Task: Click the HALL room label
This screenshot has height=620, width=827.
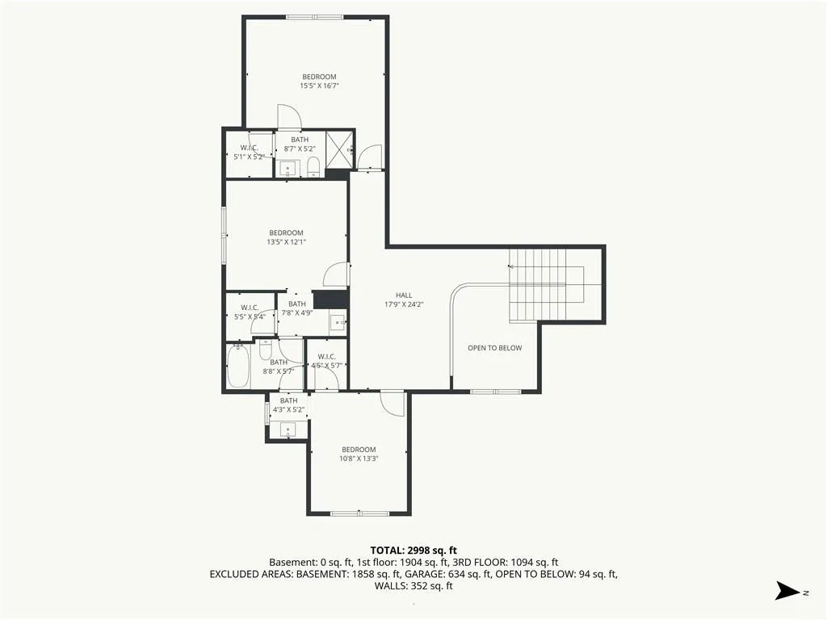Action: tap(404, 295)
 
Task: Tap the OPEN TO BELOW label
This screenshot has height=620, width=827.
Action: tap(495, 348)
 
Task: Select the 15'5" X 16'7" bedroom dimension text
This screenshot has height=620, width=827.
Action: tap(319, 86)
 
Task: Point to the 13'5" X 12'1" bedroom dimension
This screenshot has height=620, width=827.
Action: tap(287, 242)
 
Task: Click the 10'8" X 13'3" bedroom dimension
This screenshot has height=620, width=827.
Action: tap(359, 459)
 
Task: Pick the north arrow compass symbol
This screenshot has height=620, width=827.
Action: tap(788, 590)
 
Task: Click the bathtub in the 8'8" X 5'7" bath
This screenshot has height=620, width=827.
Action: tap(238, 366)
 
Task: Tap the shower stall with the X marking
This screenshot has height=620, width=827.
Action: tap(338, 149)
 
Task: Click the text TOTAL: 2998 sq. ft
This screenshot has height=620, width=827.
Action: tap(413, 551)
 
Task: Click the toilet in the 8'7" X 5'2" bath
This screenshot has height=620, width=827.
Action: tap(314, 166)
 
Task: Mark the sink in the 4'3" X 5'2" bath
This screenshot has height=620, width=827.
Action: tap(288, 429)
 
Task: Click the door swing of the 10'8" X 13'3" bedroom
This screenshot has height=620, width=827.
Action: tap(392, 404)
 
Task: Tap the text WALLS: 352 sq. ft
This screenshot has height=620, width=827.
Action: tap(413, 586)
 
